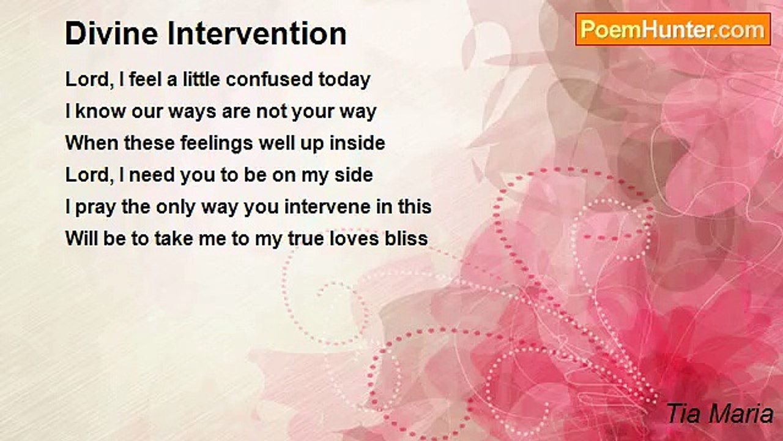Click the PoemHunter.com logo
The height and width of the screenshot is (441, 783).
pos(673,29)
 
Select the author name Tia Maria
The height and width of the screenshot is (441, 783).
pos(720,413)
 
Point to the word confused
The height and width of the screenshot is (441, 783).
pos(269,79)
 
